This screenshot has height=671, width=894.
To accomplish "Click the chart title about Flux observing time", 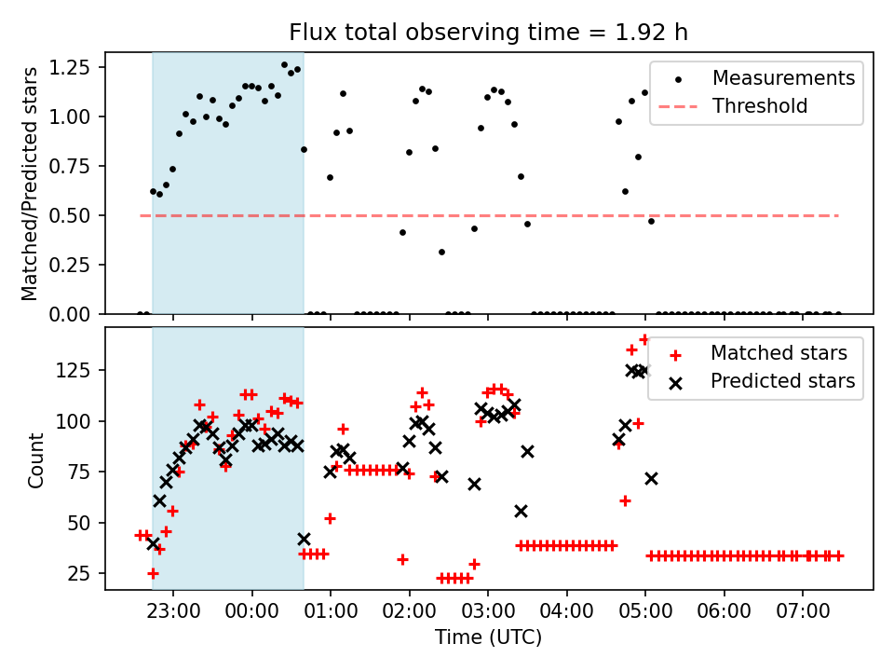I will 488,33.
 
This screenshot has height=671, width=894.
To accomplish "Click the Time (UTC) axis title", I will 488,637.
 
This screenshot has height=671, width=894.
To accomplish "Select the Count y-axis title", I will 36,459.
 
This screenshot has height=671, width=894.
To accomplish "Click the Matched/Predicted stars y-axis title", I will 30,184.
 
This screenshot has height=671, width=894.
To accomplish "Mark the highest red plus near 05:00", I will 644,340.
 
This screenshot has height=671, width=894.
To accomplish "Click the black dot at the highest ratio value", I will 284,65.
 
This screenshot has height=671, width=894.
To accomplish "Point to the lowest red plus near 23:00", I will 153,573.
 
